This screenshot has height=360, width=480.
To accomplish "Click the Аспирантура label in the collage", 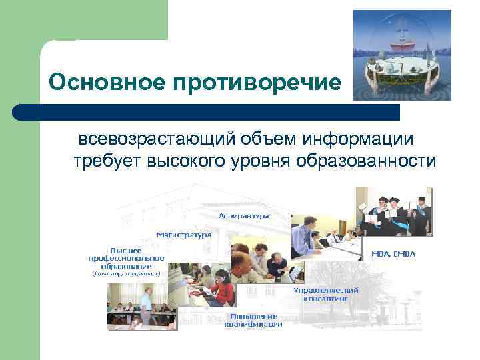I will point(244,216).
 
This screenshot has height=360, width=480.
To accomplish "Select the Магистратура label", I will point(183,235).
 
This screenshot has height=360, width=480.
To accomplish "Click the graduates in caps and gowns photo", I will point(394,210).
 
